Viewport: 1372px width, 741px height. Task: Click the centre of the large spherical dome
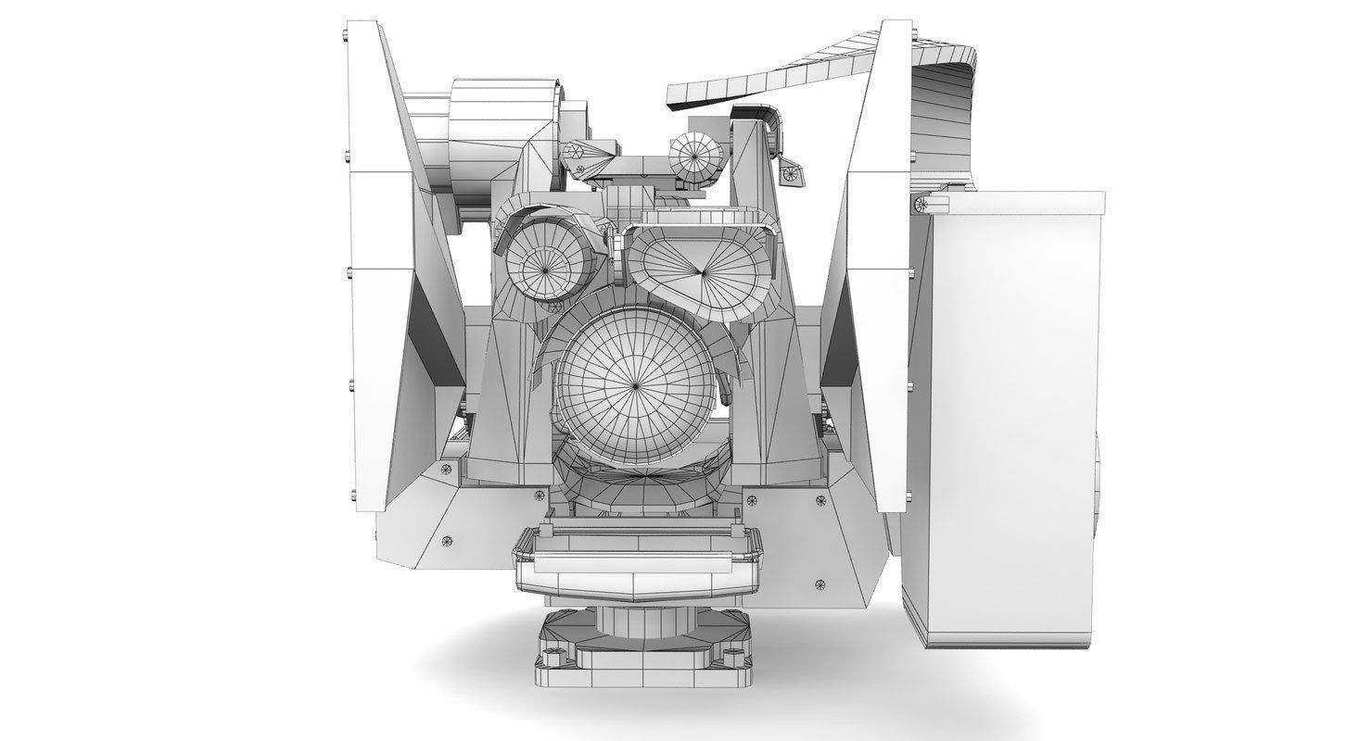click(636, 382)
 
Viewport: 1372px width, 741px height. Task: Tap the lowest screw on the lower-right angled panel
click(819, 584)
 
